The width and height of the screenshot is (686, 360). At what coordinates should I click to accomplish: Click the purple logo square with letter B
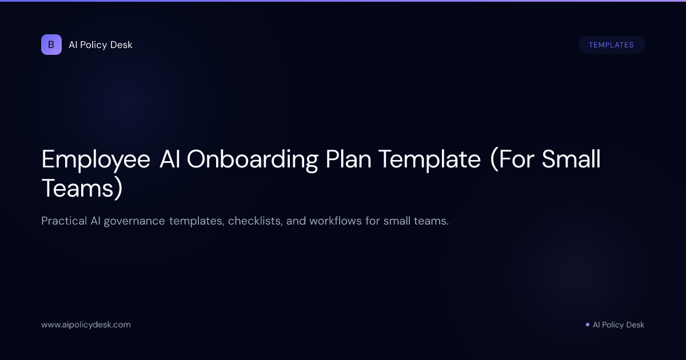tap(51, 45)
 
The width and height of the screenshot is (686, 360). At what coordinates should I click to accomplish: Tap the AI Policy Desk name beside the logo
tap(101, 45)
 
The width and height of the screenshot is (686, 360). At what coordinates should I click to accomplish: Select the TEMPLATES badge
tap(611, 45)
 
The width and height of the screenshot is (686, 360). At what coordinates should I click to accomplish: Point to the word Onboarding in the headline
tap(252, 160)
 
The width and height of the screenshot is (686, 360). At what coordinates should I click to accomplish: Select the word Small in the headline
tap(571, 160)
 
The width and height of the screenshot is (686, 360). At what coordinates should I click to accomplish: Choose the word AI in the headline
tap(169, 160)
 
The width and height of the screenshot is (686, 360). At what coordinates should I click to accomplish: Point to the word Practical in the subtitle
tap(63, 221)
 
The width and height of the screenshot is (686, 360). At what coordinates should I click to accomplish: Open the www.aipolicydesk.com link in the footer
tap(86, 325)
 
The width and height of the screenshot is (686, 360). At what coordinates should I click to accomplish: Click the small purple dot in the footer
tap(587, 325)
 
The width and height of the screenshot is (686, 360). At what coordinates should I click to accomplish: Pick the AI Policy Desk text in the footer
tap(618, 325)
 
